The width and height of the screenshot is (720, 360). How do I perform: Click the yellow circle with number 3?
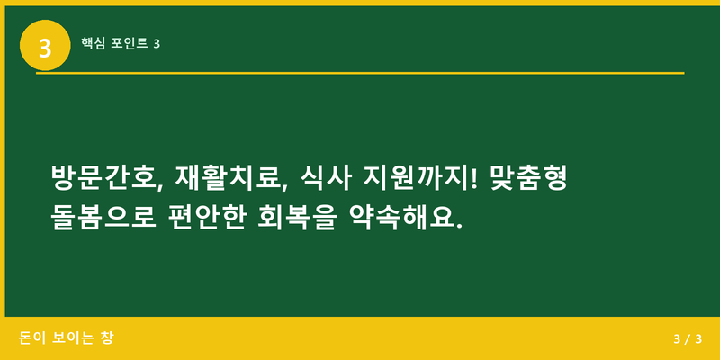click(45, 45)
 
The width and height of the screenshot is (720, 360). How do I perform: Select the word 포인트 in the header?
click(129, 43)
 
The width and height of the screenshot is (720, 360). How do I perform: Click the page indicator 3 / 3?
click(687, 339)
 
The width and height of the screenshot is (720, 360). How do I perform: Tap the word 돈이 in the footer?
click(31, 338)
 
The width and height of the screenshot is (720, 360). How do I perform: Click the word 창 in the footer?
click(108, 338)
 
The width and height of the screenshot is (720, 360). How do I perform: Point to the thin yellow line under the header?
click(360, 73)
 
